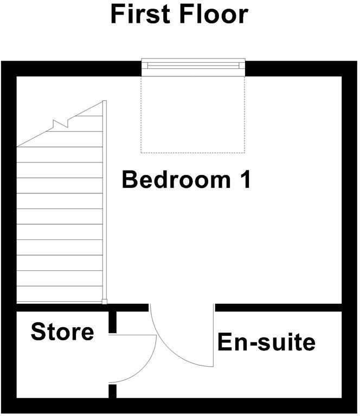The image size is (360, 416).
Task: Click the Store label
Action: (62, 331)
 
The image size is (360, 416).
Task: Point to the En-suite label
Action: (266, 342)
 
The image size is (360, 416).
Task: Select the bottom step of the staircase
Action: (60, 295)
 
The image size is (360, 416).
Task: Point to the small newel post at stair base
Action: (105, 302)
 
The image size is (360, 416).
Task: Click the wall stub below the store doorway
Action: (112, 391)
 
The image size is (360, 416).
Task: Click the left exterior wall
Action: (8, 233)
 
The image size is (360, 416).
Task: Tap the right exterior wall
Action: (350, 233)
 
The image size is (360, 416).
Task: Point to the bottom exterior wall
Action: (179, 406)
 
